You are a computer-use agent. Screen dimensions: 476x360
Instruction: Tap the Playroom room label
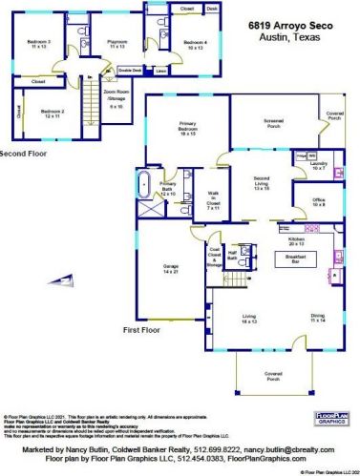(x=116, y=44)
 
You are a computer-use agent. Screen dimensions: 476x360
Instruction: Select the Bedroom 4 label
(x=194, y=44)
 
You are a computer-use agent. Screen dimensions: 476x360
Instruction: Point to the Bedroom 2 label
(x=52, y=114)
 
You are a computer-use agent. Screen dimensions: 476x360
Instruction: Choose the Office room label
(x=319, y=202)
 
